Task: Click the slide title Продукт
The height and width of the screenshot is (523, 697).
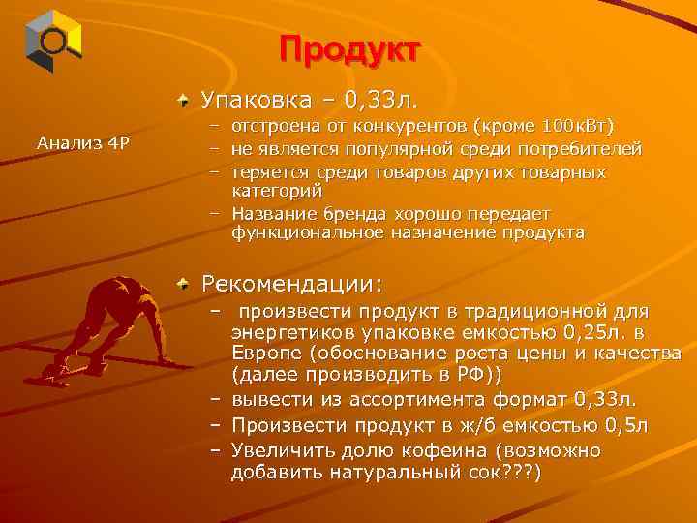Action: click(349, 49)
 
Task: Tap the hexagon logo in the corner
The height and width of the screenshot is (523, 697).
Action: click(53, 41)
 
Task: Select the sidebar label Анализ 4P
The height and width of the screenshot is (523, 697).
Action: click(83, 142)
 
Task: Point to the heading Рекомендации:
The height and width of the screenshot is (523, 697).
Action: click(291, 285)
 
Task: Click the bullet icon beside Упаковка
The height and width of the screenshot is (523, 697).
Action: click(184, 98)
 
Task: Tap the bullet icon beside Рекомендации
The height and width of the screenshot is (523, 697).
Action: click(184, 284)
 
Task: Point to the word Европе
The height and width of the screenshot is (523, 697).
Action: click(264, 354)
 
